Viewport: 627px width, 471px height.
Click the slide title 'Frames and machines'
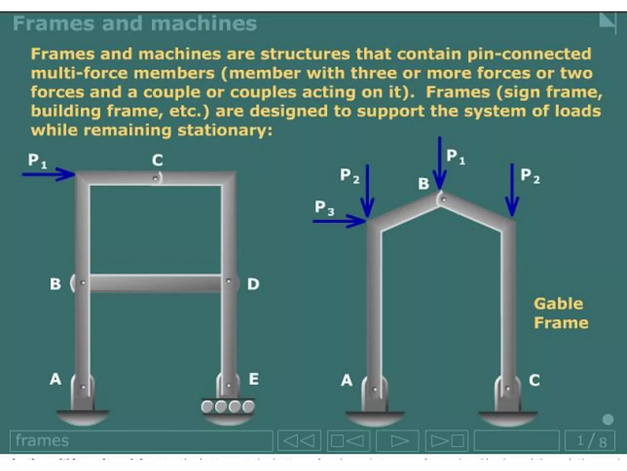[135, 24]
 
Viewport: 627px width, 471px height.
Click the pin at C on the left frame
[156, 178]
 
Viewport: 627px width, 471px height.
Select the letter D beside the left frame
[253, 284]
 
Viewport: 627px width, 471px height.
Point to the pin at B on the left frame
[82, 282]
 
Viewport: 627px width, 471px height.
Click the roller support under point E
[228, 407]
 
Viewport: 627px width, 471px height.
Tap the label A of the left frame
[56, 379]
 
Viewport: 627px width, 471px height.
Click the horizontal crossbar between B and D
[156, 283]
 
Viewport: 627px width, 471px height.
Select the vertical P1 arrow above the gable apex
[440, 163]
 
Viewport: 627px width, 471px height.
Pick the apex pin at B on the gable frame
[443, 200]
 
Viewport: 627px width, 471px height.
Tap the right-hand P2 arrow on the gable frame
[512, 190]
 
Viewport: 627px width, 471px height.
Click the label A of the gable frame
[347, 380]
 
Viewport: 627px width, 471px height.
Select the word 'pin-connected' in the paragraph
[529, 54]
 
